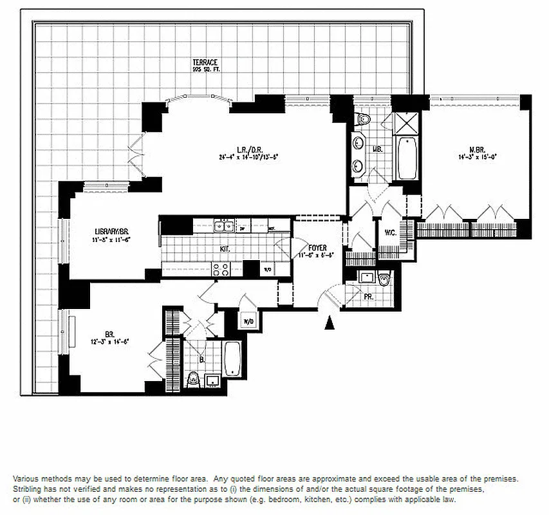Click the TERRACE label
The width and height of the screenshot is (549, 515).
click(x=204, y=62)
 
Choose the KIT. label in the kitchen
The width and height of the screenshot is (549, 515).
click(x=224, y=248)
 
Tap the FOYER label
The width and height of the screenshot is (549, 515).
click(x=317, y=247)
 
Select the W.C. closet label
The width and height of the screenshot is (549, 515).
click(x=389, y=232)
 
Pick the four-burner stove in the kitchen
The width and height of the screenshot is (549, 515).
click(x=221, y=270)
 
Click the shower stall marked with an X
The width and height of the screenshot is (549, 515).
click(x=407, y=122)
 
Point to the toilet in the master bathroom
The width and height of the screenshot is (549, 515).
click(x=363, y=118)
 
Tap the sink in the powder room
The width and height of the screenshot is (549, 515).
click(x=367, y=277)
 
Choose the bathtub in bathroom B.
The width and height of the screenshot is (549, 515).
click(x=232, y=358)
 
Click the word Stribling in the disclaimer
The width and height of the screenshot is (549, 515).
click(x=28, y=489)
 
